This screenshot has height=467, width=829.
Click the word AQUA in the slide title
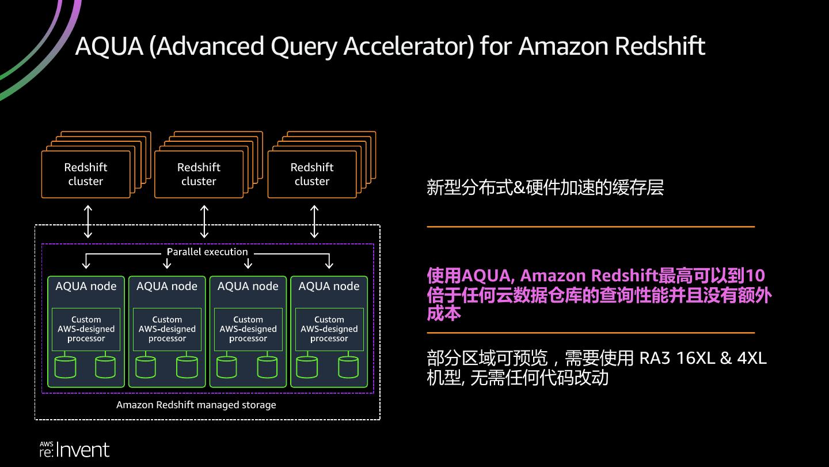(x=109, y=46)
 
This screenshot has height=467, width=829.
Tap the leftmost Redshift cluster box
(x=86, y=174)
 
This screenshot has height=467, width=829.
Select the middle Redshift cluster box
(x=199, y=174)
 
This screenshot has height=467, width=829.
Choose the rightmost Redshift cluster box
(x=312, y=174)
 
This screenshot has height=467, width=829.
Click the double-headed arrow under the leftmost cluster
(x=88, y=221)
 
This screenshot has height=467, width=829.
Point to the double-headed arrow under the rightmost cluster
(x=314, y=221)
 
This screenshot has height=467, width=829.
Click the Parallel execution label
(x=207, y=252)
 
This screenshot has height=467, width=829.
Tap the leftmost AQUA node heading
(x=86, y=286)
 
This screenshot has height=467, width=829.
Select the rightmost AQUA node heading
(x=329, y=286)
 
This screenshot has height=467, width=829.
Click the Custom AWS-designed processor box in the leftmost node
(x=86, y=329)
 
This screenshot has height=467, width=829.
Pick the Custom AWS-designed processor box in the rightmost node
(x=329, y=329)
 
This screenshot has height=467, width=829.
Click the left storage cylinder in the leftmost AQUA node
(x=66, y=367)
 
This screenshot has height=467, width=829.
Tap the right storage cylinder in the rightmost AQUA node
(x=348, y=367)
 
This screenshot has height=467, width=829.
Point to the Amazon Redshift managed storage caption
(x=196, y=405)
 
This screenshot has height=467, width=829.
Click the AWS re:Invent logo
(x=74, y=450)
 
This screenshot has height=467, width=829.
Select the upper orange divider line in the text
(x=590, y=227)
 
